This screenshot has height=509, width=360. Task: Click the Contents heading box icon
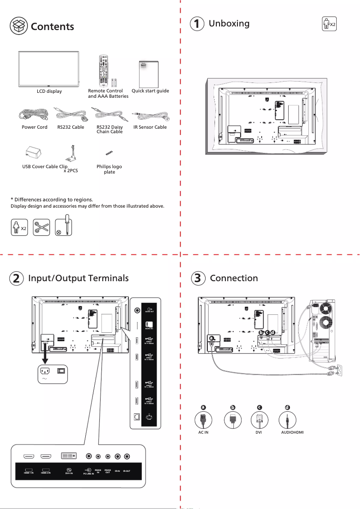pyautogui.click(x=18, y=26)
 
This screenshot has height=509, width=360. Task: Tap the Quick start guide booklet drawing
pyautogui.click(x=149, y=74)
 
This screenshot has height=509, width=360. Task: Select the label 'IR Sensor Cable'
pyautogui.click(x=150, y=127)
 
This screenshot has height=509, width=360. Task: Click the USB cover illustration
pyautogui.click(x=33, y=153)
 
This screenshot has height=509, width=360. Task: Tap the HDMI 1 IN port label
pyautogui.click(x=30, y=472)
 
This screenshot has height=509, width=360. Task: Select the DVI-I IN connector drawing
pyautogui.click(x=69, y=457)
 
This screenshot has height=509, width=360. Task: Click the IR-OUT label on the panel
pyautogui.click(x=127, y=471)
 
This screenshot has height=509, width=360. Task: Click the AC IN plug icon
pyautogui.click(x=203, y=420)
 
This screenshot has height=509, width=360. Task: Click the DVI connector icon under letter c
pyautogui.click(x=259, y=420)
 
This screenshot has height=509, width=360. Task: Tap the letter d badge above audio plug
pyautogui.click(x=287, y=407)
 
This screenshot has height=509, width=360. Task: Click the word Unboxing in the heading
pyautogui.click(x=229, y=23)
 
